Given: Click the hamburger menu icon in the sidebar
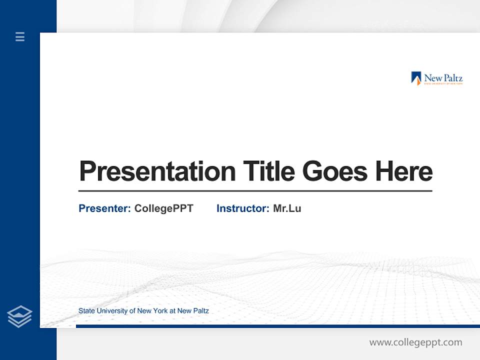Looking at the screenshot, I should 20,36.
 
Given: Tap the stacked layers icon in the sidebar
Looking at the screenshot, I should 19,316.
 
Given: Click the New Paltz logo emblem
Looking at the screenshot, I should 416,78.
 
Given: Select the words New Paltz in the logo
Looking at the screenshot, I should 443,77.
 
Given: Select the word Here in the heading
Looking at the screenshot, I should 404,171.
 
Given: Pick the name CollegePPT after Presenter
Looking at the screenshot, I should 163,208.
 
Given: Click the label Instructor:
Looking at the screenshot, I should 243,208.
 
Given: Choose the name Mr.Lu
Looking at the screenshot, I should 287,208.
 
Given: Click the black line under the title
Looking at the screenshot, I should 255,191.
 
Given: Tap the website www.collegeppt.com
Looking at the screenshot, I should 415,342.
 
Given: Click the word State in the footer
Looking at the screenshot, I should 86,311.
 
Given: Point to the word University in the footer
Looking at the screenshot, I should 112,311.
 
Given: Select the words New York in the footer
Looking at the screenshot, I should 152,311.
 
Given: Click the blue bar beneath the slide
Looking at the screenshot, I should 277,326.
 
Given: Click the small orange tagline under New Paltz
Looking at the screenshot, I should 443,84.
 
